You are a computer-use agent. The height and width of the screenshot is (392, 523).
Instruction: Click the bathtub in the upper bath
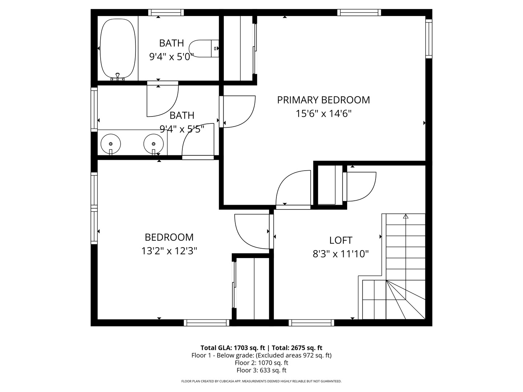click(118, 49)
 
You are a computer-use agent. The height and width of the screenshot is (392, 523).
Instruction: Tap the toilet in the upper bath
click(203, 49)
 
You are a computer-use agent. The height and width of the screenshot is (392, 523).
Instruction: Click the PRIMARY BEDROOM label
click(323, 100)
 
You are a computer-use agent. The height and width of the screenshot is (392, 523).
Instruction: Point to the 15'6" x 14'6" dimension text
click(323, 114)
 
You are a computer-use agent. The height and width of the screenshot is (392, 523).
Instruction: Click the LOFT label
click(341, 240)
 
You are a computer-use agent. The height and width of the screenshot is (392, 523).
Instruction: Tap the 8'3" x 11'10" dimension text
click(341, 254)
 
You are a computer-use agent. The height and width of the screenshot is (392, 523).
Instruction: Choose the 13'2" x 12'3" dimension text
click(169, 251)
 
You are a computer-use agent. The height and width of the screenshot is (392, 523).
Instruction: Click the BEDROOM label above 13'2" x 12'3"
click(169, 237)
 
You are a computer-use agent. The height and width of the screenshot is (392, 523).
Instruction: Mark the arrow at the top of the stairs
click(406, 217)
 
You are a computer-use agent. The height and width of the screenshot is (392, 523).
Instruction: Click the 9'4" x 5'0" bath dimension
click(171, 57)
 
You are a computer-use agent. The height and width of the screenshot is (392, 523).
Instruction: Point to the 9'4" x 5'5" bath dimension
click(182, 129)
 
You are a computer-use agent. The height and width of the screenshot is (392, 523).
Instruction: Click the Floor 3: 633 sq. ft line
click(261, 370)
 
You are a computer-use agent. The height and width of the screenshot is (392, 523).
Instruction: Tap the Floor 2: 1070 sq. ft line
click(261, 363)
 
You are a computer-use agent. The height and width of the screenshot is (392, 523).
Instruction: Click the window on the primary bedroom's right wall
click(429, 39)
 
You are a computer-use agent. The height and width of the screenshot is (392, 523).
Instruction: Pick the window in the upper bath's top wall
click(166, 13)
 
